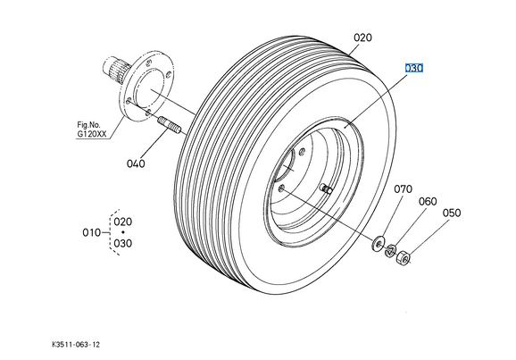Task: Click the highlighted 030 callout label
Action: [413, 68]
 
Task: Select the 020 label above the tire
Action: [363, 38]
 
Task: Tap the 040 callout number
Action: [136, 163]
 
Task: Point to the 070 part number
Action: [404, 189]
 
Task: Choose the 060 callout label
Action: [428, 201]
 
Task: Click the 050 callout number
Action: [452, 213]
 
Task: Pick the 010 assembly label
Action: [91, 232]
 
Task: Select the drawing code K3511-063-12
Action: [76, 345]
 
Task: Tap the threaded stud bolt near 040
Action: [169, 125]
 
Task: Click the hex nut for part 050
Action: [403, 257]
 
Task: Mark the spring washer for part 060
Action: [391, 251]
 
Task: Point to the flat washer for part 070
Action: [379, 243]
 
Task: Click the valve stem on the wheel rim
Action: [326, 188]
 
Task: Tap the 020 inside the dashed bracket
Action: [122, 222]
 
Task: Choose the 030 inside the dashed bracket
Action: [122, 243]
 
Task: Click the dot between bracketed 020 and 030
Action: [123, 232]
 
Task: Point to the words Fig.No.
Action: [88, 125]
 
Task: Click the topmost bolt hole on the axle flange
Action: [149, 63]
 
